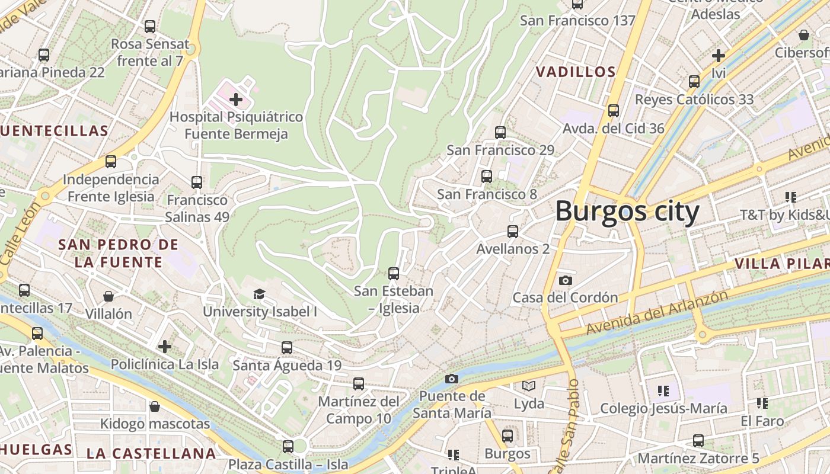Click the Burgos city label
[x=627, y=212]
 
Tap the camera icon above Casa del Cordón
[x=566, y=280]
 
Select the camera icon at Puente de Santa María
[x=452, y=379]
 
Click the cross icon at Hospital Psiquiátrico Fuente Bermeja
[x=236, y=100]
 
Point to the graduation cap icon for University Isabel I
[x=259, y=294]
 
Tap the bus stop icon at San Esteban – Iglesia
[x=394, y=274]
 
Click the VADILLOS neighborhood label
[x=576, y=72]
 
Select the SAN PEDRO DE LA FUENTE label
[x=118, y=253]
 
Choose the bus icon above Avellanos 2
[x=513, y=232]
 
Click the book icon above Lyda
[x=529, y=386]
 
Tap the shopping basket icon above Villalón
[x=108, y=296]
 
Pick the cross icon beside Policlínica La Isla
[x=165, y=347]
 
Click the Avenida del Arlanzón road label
[x=657, y=313]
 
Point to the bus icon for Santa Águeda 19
[x=287, y=348]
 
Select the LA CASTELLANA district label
[x=151, y=454]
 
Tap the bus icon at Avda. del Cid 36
[x=614, y=111]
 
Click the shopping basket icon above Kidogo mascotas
[x=155, y=406]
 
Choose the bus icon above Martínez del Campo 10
[x=359, y=384]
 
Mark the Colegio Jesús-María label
[x=663, y=408]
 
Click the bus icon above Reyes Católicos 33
[x=694, y=82]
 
